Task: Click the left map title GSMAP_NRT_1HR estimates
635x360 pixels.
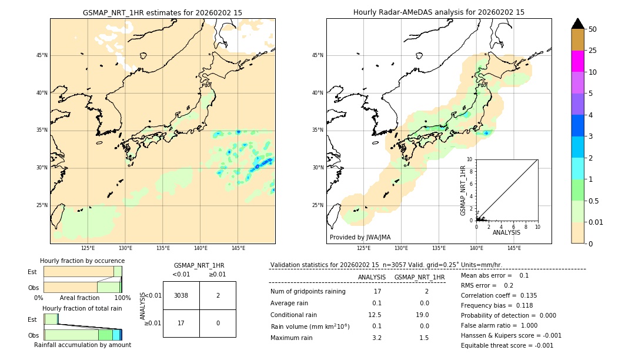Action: [162, 12]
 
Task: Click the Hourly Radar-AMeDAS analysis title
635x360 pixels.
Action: [439, 12]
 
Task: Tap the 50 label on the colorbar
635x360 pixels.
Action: [593, 29]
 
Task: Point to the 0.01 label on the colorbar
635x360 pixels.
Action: [596, 222]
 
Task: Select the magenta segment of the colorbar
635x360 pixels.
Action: [577, 61]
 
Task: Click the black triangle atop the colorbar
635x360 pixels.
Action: [577, 24]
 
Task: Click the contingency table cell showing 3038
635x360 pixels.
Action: [181, 295]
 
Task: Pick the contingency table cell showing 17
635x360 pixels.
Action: [181, 323]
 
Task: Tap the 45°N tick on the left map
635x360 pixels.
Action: [42, 55]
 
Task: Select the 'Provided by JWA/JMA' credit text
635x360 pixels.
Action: [360, 237]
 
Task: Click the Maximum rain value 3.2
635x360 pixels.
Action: [376, 338]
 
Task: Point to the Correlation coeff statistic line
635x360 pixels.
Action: [499, 295]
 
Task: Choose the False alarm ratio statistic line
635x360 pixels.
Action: [499, 325]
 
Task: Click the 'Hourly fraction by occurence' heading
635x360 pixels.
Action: [82, 261]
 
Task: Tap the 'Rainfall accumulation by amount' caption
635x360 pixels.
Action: [82, 345]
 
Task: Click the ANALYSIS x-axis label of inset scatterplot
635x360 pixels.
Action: [506, 232]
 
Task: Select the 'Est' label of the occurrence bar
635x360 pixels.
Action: [32, 272]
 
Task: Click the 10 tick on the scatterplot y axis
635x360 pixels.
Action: [470, 159]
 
